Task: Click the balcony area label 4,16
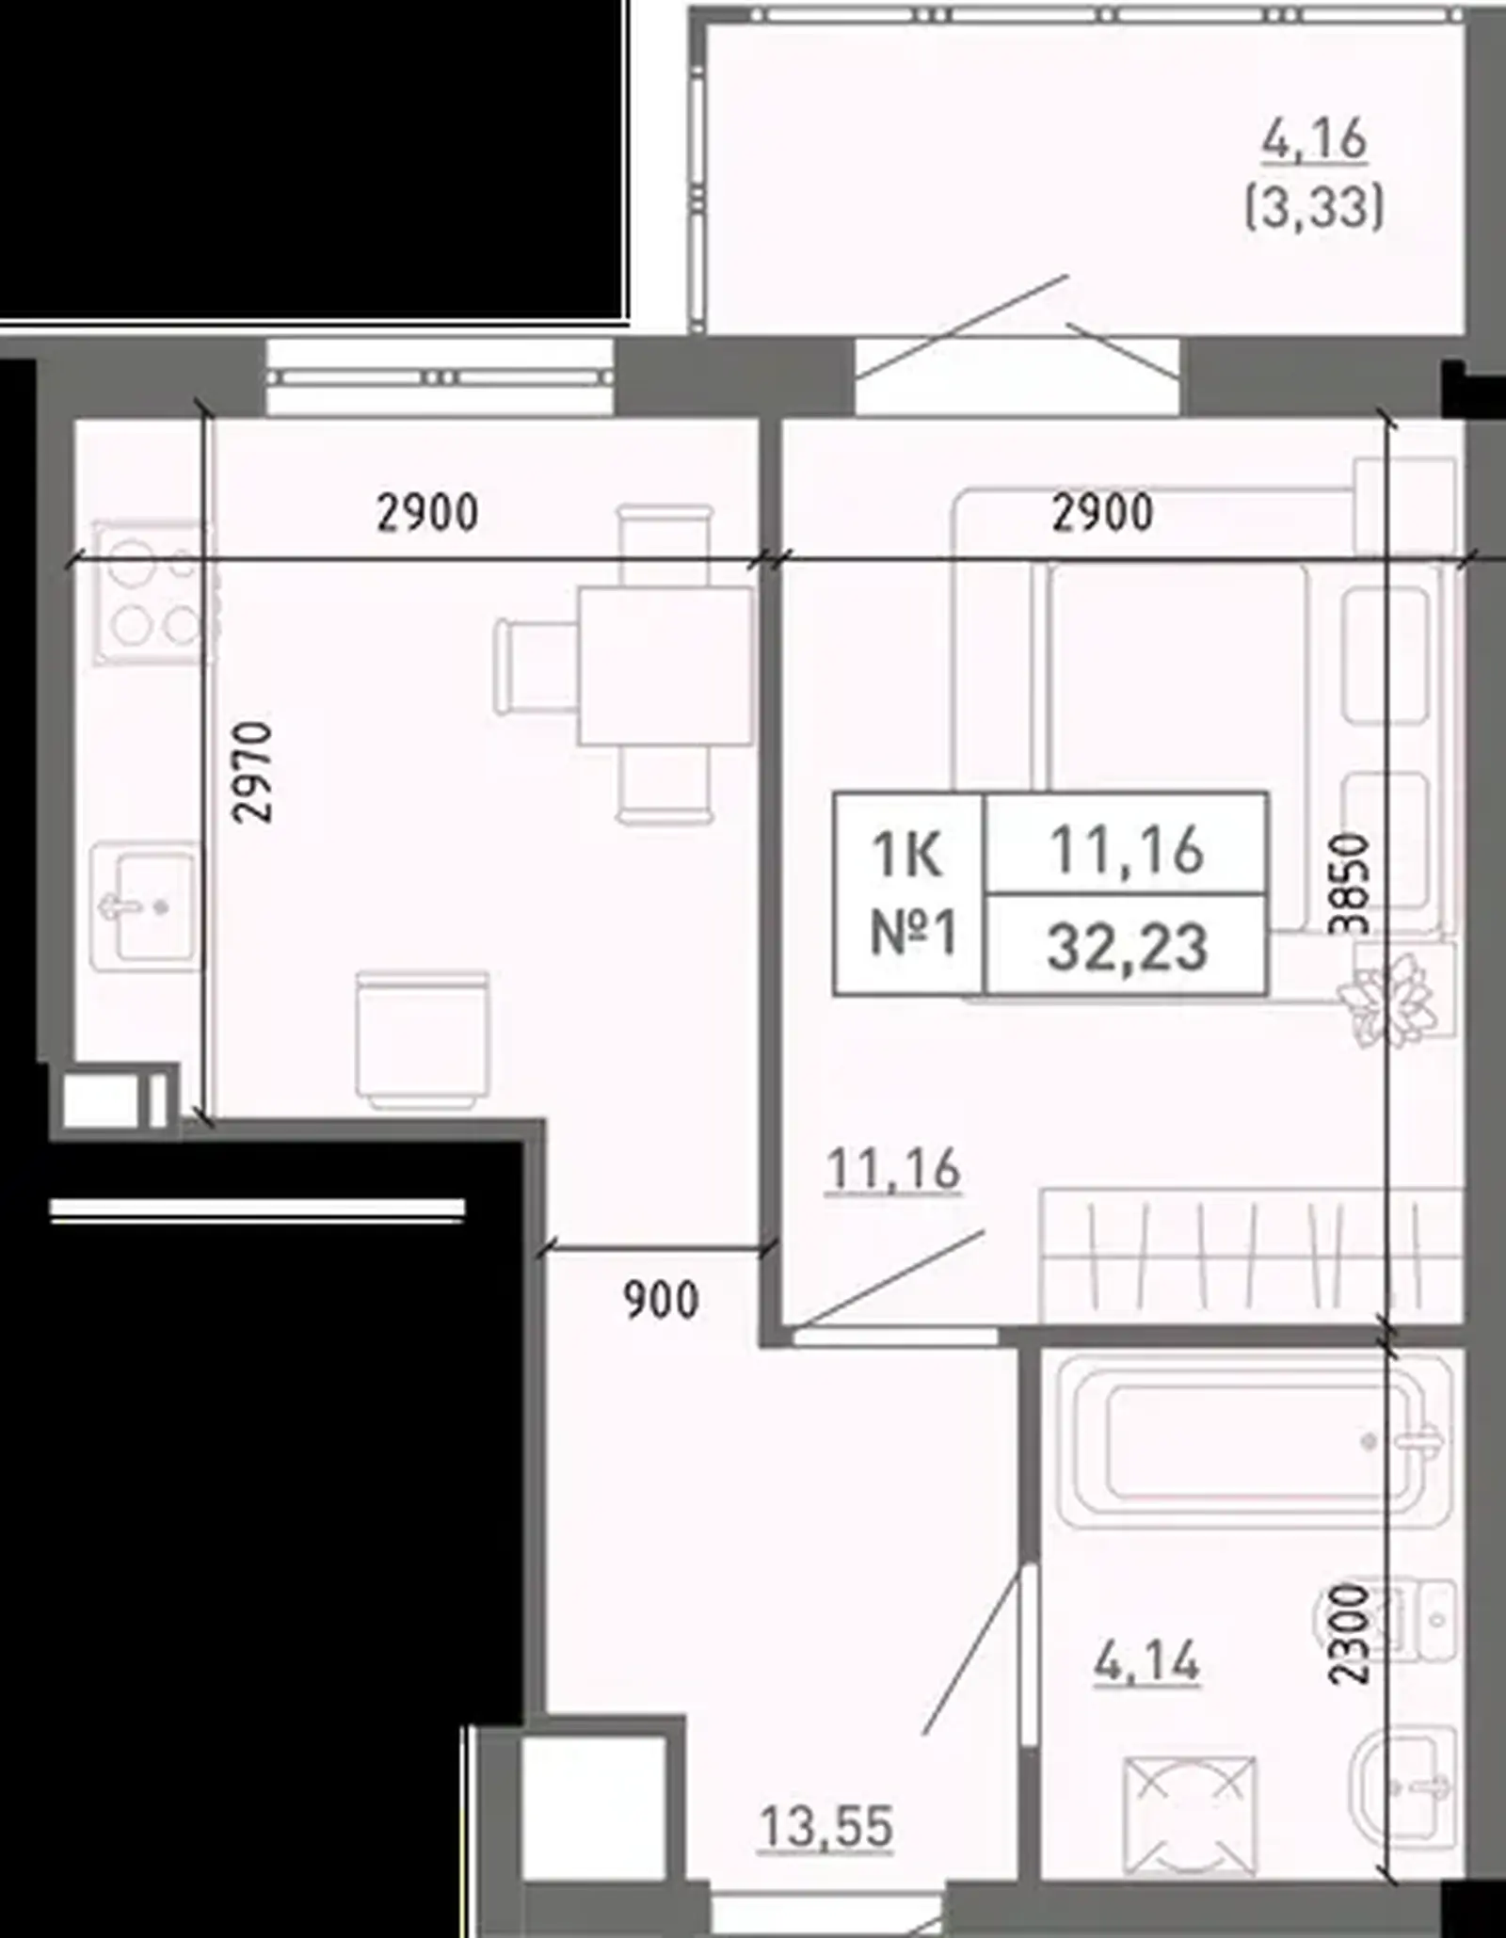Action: pos(1314,141)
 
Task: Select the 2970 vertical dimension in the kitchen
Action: pos(253,772)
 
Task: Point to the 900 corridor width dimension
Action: pos(662,1300)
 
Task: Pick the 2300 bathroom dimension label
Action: pos(1348,1634)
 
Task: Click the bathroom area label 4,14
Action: pos(1146,1661)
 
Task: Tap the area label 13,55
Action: pos(825,1829)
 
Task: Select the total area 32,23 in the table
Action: pos(1127,946)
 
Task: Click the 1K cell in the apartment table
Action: pos(907,854)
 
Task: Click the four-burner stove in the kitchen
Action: pos(151,593)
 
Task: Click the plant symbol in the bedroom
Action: pos(1387,1000)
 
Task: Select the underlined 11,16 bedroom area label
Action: pos(893,1170)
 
